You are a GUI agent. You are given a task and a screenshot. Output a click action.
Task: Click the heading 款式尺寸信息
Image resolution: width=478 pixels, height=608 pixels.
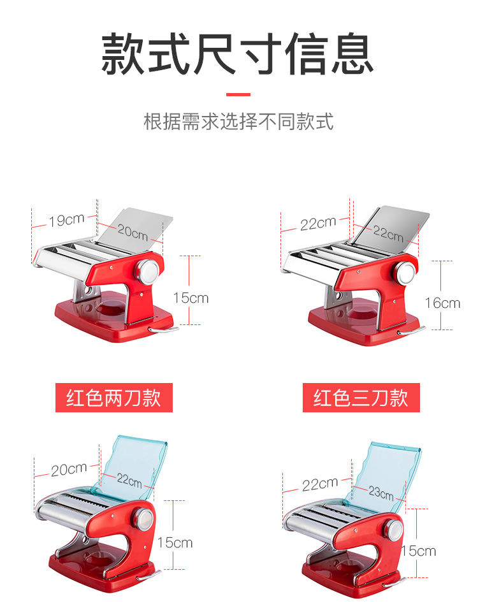tap(237, 54)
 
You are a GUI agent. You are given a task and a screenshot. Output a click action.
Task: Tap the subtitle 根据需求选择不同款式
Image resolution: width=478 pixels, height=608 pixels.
tap(238, 122)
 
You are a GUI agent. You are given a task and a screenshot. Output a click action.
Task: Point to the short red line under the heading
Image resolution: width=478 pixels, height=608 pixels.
tap(238, 94)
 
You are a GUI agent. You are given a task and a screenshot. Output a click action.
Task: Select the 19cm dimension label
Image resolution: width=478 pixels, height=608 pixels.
tap(67, 220)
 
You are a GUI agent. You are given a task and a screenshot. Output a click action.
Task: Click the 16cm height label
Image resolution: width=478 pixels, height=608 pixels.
tap(442, 303)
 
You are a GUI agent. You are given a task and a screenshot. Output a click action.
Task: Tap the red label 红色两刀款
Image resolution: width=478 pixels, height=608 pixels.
tap(113, 398)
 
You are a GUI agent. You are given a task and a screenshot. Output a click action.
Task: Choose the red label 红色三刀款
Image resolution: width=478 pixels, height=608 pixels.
tap(361, 398)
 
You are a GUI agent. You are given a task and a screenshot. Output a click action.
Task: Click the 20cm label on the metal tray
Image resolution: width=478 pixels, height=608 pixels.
tap(133, 232)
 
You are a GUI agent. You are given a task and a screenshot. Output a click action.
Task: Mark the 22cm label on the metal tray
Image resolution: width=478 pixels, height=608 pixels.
tap(388, 233)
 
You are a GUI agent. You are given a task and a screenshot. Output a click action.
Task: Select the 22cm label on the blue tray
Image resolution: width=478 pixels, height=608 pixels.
tap(129, 481)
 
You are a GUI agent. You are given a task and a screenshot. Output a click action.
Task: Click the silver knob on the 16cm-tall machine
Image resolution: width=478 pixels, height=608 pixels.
tap(405, 273)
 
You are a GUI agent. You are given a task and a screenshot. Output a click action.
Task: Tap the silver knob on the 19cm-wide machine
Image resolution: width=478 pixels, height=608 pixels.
tap(148, 271)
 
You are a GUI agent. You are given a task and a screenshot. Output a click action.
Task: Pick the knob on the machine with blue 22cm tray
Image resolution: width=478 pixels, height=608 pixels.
tap(143, 519)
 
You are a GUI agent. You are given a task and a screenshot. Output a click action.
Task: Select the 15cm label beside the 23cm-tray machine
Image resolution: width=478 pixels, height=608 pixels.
tap(419, 551)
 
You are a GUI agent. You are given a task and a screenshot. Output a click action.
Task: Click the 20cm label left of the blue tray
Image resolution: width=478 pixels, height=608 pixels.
tap(69, 469)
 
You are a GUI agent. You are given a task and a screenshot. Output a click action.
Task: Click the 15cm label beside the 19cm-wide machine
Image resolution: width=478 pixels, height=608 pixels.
tap(191, 298)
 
